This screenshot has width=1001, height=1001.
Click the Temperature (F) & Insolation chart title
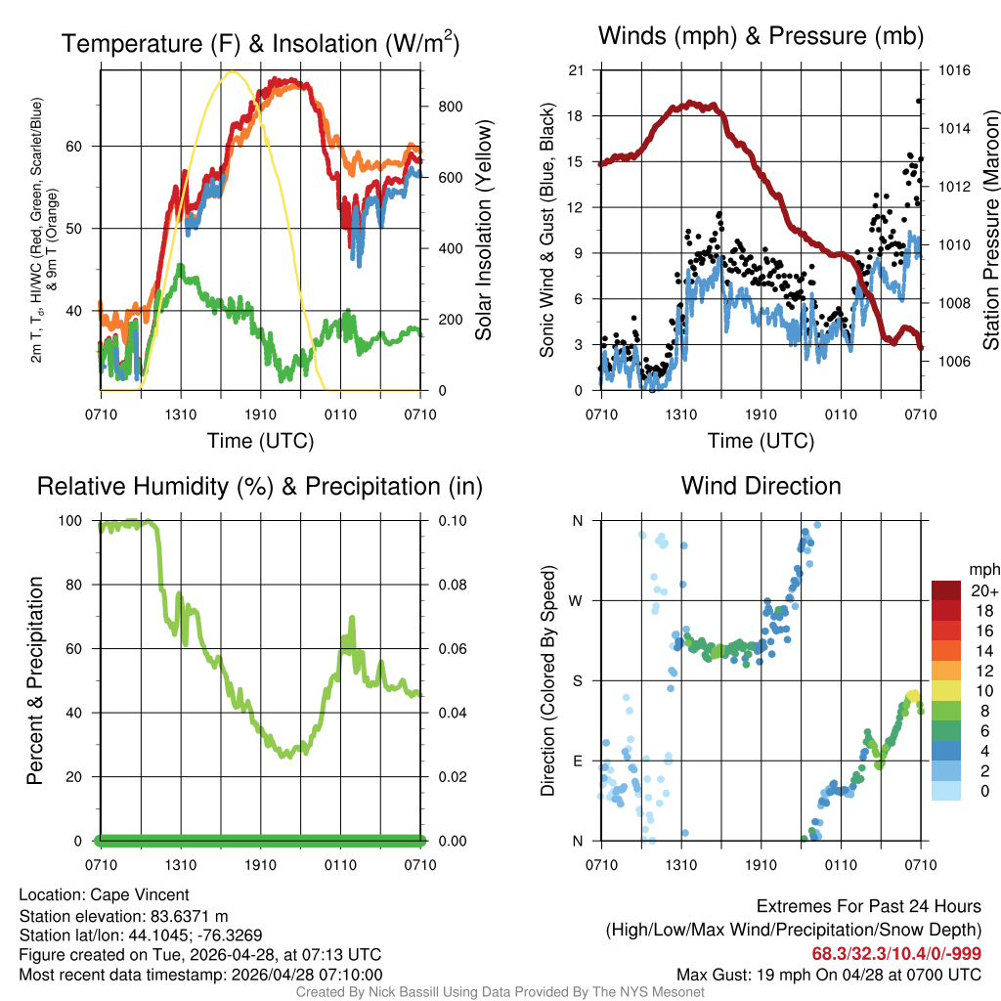pyautogui.click(x=260, y=44)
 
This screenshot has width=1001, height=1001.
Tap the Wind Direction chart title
pyautogui.click(x=761, y=486)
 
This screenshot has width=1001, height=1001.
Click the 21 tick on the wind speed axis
pyautogui.click(x=577, y=70)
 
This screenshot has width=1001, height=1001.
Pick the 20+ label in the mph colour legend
pyautogui.click(x=983, y=590)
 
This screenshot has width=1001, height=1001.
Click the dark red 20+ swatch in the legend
pyautogui.click(x=948, y=590)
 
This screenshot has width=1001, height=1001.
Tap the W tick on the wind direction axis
pyautogui.click(x=577, y=600)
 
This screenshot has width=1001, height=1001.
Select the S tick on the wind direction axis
pyautogui.click(x=577, y=680)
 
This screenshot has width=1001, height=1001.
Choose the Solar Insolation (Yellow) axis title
pyautogui.click(x=483, y=230)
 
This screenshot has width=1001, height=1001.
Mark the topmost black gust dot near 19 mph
pyautogui.click(x=919, y=100)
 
